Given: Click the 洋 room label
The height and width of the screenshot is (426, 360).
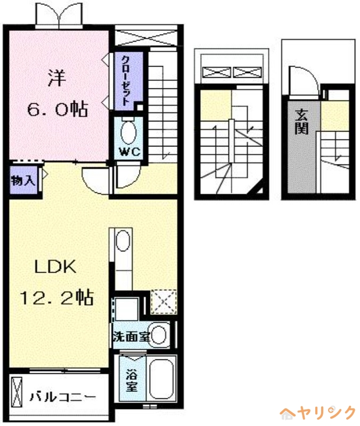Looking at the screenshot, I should (x=57, y=79).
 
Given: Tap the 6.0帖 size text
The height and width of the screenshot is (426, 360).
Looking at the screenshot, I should (x=58, y=110).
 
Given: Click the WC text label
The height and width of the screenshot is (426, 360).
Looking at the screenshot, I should (x=128, y=151).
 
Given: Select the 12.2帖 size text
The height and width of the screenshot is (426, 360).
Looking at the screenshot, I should (x=57, y=297).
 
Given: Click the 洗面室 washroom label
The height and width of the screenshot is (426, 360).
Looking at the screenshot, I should (x=130, y=337).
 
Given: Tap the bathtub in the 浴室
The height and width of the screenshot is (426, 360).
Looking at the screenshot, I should (x=159, y=380).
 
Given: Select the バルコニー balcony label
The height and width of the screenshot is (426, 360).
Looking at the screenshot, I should (x=63, y=397).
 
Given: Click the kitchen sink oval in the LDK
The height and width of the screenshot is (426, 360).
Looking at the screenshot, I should (x=123, y=241).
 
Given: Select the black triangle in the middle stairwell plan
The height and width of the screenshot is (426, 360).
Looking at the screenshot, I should (x=259, y=190).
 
